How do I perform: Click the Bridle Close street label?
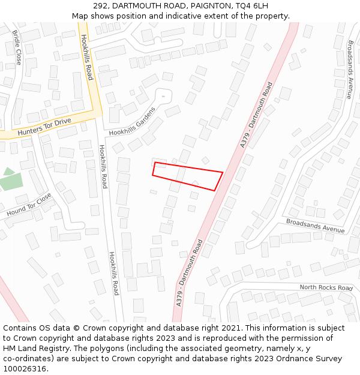(x=17, y=48)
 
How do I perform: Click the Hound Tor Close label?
(x=29, y=206)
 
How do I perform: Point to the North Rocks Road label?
(x=326, y=288)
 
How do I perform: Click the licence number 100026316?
(x=26, y=369)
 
